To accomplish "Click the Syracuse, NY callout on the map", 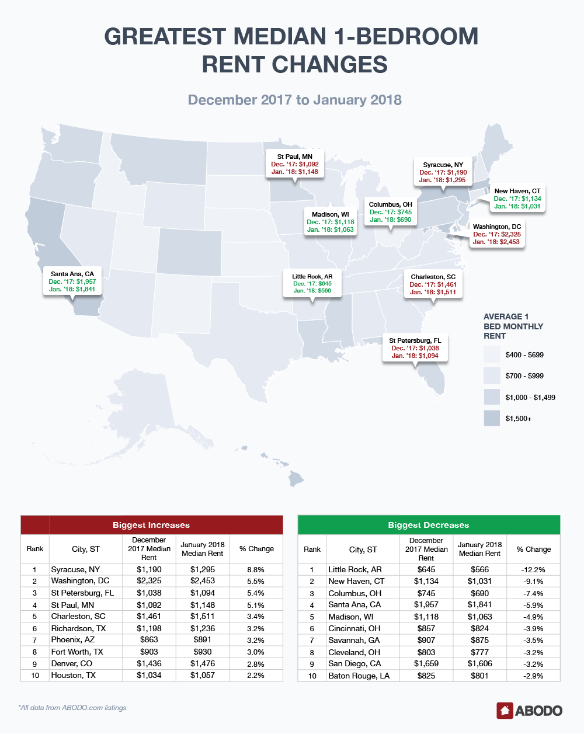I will [x=443, y=172].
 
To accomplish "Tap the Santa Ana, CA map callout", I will [x=72, y=281].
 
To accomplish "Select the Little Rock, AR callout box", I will [x=312, y=283].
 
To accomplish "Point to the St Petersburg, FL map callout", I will [x=415, y=348].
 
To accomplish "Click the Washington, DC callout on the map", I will [x=496, y=234].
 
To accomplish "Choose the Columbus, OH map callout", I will [x=390, y=212].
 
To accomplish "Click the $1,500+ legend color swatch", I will [x=492, y=418].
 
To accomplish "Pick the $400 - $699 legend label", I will [x=524, y=354].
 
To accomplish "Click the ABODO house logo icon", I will [x=505, y=711].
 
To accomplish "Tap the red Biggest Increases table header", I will [x=151, y=525].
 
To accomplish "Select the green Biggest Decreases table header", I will [x=429, y=525].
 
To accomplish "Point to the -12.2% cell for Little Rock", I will [x=533, y=569].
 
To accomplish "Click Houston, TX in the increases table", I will [x=74, y=675].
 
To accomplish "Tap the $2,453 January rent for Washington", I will [x=203, y=581].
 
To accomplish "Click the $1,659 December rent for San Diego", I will [x=426, y=664].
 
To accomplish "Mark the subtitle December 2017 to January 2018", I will [x=294, y=100].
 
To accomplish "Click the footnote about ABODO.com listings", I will [x=72, y=708].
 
